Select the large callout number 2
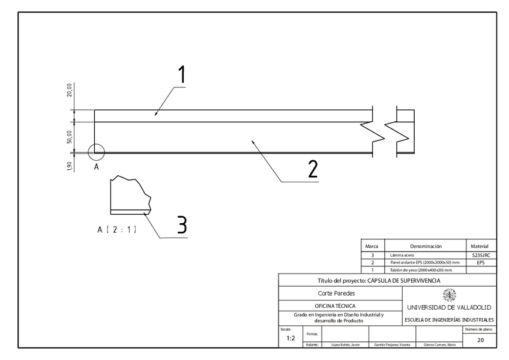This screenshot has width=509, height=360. click(312, 169)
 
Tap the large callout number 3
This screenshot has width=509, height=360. click(182, 225)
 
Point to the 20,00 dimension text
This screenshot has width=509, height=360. click(70, 90)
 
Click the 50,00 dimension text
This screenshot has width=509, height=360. click(70, 137)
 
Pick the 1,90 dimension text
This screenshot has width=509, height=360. click(70, 166)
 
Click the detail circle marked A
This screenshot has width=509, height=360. click(96, 152)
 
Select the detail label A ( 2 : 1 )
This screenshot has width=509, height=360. click(116, 229)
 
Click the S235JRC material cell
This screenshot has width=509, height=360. click(481, 256)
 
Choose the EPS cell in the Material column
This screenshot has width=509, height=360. click(481, 263)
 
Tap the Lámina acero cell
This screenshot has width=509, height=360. click(402, 256)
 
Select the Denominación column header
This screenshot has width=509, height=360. click(425, 246)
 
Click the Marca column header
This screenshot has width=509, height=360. click(372, 246)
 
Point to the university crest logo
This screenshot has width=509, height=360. click(449, 295)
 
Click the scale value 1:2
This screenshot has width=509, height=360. click(291, 338)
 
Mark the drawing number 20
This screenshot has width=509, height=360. click(480, 340)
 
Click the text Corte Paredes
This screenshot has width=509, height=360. click(336, 293)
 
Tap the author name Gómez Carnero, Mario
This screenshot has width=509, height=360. click(439, 345)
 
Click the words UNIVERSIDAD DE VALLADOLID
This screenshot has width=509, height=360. click(449, 307)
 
